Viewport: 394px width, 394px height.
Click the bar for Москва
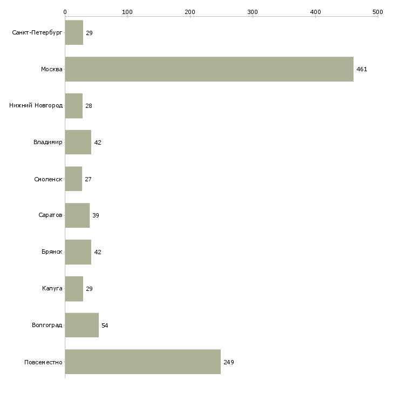pyautogui.click(x=209, y=69)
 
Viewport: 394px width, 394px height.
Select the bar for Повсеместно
pyautogui.click(x=143, y=362)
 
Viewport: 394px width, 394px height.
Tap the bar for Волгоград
pyautogui.click(x=82, y=325)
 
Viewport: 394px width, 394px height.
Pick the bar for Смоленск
pyautogui.click(x=73, y=179)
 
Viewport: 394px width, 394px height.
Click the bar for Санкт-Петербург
pyautogui.click(x=74, y=32)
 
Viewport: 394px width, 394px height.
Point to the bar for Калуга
pyautogui.click(x=74, y=289)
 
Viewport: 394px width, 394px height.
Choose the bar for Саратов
pyautogui.click(x=77, y=215)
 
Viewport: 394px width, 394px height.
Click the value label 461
pyautogui.click(x=362, y=69)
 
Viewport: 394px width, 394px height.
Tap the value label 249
pyautogui.click(x=229, y=362)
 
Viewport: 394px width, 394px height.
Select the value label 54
pyautogui.click(x=105, y=325)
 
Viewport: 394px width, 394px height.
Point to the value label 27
pyautogui.click(x=88, y=179)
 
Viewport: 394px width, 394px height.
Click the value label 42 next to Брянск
pyautogui.click(x=98, y=252)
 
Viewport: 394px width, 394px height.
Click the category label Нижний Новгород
pyautogui.click(x=36, y=105)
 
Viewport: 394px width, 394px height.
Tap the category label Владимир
pyautogui.click(x=47, y=142)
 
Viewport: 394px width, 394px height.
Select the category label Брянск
pyautogui.click(x=52, y=252)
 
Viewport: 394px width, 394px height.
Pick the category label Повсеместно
pyautogui.click(x=43, y=362)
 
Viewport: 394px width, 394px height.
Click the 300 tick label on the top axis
pyautogui.click(x=253, y=12)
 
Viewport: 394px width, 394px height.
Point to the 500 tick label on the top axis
pyautogui.click(x=378, y=12)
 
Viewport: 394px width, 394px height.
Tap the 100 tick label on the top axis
pyautogui.click(x=127, y=12)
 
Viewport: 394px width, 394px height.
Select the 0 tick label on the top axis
pyautogui.click(x=65, y=12)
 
